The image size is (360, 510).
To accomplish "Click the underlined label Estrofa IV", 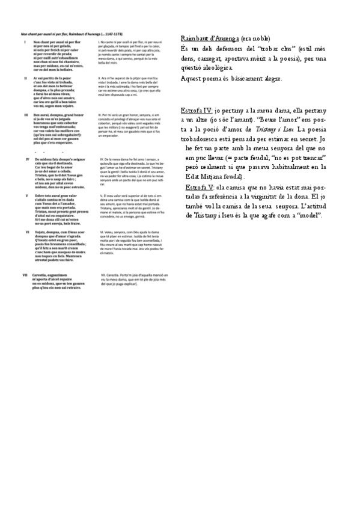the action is coord(196,111).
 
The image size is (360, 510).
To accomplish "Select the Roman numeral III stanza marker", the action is coord(25,114).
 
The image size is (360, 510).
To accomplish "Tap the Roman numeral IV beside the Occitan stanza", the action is coord(26,158).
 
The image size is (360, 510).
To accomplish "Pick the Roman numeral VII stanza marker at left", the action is coord(25,274).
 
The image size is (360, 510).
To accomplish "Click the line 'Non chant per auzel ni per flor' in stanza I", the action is coord(57,41).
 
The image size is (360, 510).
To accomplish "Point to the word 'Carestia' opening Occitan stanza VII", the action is coord(44,274).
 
